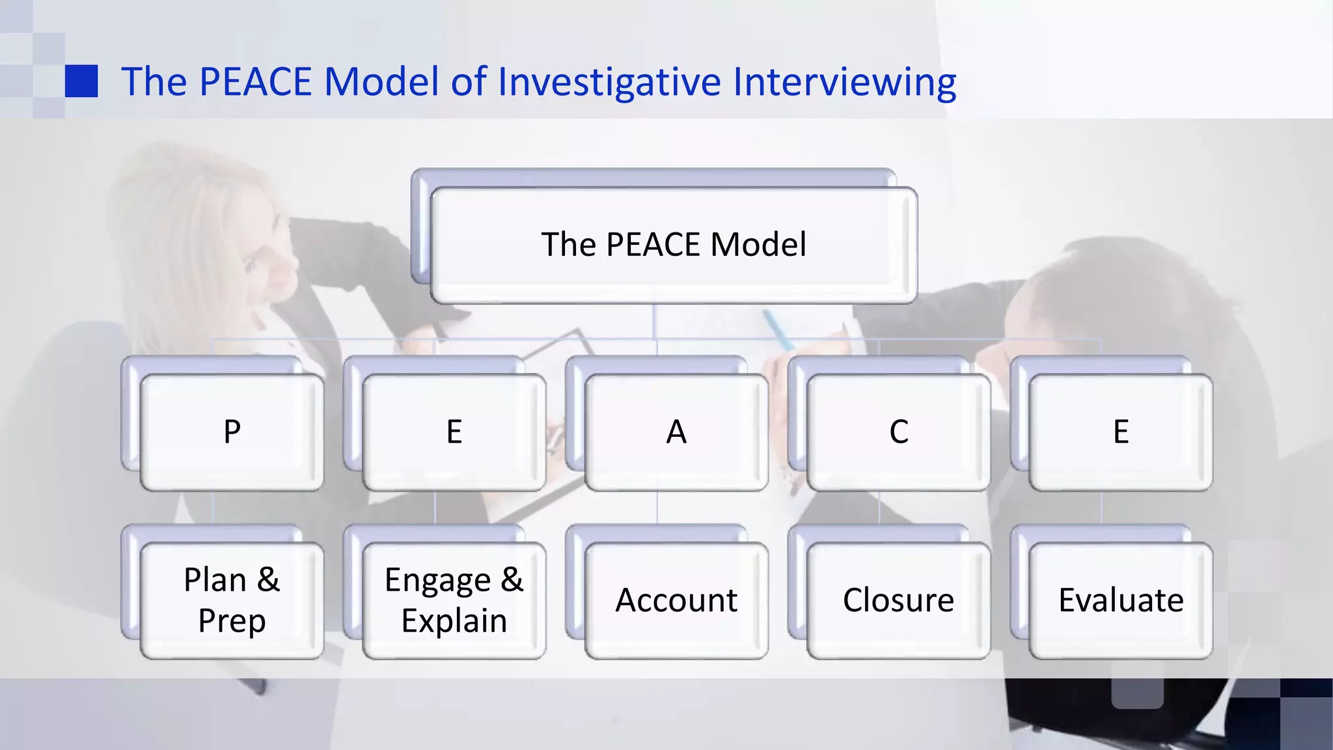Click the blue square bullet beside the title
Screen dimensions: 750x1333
coord(81,81)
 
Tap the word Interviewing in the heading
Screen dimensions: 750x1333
coord(844,82)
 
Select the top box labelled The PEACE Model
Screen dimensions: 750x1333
coord(674,245)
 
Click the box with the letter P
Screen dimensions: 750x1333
coord(232,432)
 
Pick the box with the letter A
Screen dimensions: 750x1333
coord(676,432)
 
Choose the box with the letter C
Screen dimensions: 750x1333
coord(899,432)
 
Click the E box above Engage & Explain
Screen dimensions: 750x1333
coord(454,432)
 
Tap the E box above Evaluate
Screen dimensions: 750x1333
coord(1121,432)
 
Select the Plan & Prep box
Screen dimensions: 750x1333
coord(232,600)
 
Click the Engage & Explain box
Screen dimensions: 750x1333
coord(454,600)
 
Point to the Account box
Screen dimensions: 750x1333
coord(676,600)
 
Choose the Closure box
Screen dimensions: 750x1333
coord(899,600)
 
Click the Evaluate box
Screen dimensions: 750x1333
coord(1121,600)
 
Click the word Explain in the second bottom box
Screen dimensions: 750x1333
coord(454,620)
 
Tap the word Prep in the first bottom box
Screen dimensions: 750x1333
coord(232,620)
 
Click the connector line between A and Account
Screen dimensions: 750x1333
coord(657,507)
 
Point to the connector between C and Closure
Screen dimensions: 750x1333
coord(879,507)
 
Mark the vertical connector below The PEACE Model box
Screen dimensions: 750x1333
coord(653,321)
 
